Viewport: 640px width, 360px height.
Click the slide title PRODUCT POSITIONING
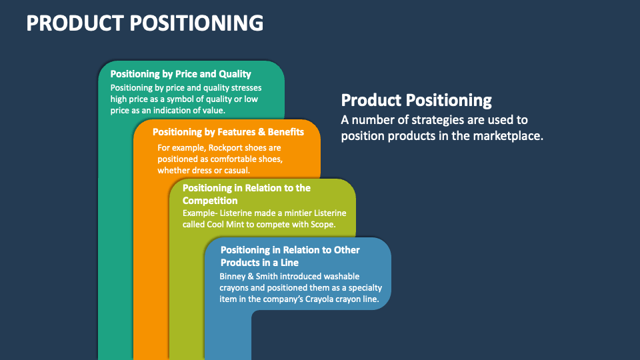[145, 23]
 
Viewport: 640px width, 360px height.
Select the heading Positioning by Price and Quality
[180, 74]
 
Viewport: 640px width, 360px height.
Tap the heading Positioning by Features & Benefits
[228, 132]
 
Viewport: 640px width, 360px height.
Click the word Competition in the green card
[210, 201]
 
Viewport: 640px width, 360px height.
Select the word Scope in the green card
[321, 225]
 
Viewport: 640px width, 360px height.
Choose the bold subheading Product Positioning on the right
[416, 101]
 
